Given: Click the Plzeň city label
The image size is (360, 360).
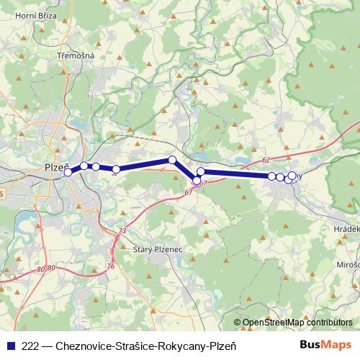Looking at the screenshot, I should (56, 166).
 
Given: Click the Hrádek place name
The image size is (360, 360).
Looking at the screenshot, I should (346, 227).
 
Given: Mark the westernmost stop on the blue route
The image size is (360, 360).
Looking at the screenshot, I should (68, 172).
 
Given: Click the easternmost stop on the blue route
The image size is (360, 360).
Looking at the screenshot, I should (292, 175).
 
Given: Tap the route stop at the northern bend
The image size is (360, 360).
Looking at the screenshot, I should (172, 160).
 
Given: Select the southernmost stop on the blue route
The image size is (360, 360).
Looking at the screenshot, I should (197, 181).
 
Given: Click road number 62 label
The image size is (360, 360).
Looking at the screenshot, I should (266, 160).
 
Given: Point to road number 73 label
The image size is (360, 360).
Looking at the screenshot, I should (122, 230).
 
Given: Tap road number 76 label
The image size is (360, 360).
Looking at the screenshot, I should (111, 266).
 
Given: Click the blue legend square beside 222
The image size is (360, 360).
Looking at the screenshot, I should (10, 345).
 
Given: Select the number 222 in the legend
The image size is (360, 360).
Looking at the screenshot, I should (31, 345).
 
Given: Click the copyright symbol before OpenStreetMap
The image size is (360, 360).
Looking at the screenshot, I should (238, 323).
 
